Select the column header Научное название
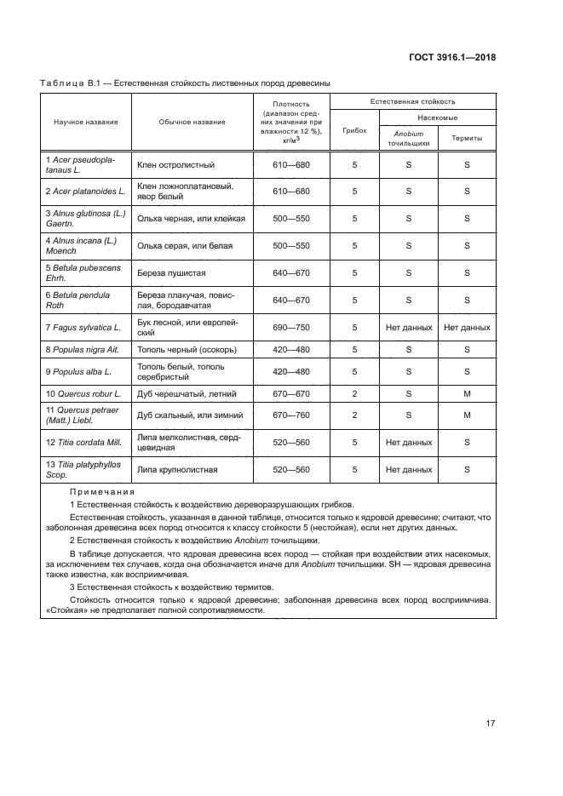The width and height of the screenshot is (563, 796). click(86, 122)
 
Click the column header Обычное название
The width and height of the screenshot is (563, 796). click(192, 122)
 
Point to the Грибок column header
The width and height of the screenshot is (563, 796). click(354, 131)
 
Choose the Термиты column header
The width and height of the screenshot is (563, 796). click(467, 138)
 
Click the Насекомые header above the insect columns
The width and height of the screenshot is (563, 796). click(438, 117)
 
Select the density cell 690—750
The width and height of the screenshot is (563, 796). click(291, 327)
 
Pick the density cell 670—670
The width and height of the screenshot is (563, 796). click(291, 394)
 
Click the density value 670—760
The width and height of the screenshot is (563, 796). click(291, 415)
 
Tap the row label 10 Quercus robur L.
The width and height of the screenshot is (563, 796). click(83, 394)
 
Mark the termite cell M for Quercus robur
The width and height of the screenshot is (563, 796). click(467, 394)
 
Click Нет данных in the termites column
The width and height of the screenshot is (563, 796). click(467, 327)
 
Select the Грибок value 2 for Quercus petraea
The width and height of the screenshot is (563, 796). click(354, 415)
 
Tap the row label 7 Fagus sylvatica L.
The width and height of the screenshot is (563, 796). click(83, 327)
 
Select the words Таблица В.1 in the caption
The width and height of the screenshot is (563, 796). click(71, 83)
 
